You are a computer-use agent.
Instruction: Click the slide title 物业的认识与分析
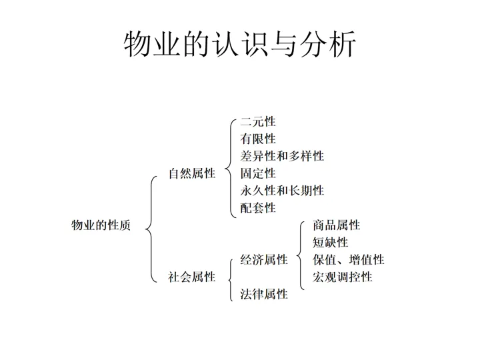click(x=240, y=45)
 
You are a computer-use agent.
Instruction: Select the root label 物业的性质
click(x=101, y=225)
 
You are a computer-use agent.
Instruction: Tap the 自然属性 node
click(x=192, y=173)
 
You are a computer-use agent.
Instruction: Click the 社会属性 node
click(x=192, y=277)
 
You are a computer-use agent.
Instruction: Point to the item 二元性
click(x=258, y=121)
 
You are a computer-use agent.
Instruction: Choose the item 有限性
click(x=258, y=139)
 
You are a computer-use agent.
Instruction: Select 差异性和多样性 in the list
click(x=282, y=156)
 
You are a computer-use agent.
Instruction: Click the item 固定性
click(x=258, y=173)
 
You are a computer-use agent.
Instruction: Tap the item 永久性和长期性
click(x=282, y=191)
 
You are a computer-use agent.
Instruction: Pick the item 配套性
click(x=258, y=208)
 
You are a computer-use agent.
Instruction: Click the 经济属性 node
click(x=264, y=259)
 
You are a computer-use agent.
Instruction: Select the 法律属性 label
click(x=264, y=294)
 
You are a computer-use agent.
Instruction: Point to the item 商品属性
click(x=337, y=225)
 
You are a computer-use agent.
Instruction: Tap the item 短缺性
click(x=331, y=243)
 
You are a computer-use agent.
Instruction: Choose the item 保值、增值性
click(x=349, y=259)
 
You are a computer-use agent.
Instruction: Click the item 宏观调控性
click(x=343, y=277)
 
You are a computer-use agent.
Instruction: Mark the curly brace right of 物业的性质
click(x=151, y=225)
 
